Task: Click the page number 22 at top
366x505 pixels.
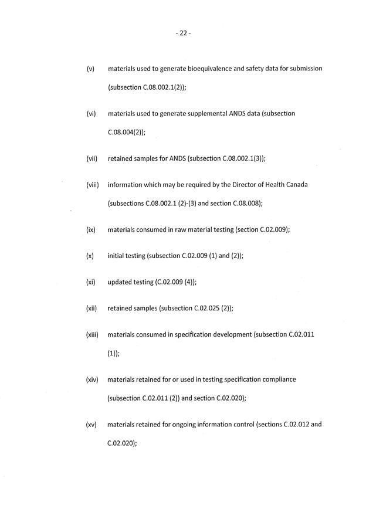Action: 183,33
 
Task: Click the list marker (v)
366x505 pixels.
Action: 90,69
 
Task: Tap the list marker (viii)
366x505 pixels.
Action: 92,185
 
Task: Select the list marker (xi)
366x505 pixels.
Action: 90,282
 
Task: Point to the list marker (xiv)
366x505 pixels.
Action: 92,379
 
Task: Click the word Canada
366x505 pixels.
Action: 295,185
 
